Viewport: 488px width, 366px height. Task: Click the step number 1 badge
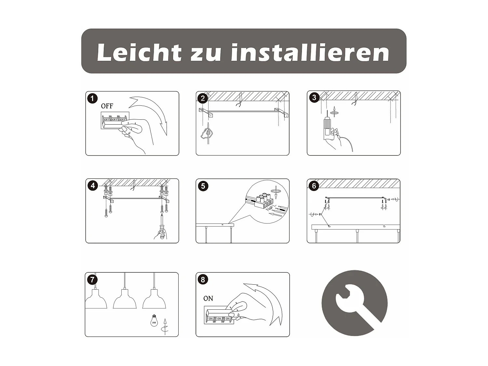[92, 98]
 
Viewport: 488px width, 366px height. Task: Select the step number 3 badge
[314, 97]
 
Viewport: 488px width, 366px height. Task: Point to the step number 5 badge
[203, 186]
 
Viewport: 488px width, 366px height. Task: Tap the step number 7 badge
[92, 279]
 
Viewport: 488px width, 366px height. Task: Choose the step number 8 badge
[203, 279]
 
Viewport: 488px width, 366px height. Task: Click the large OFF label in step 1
[107, 106]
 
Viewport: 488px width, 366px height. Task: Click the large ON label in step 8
[208, 298]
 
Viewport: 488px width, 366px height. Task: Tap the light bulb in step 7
[154, 321]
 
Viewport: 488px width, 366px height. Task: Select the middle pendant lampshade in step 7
[125, 298]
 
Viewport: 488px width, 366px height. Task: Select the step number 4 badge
[93, 185]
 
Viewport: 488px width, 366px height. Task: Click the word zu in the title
[206, 54]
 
